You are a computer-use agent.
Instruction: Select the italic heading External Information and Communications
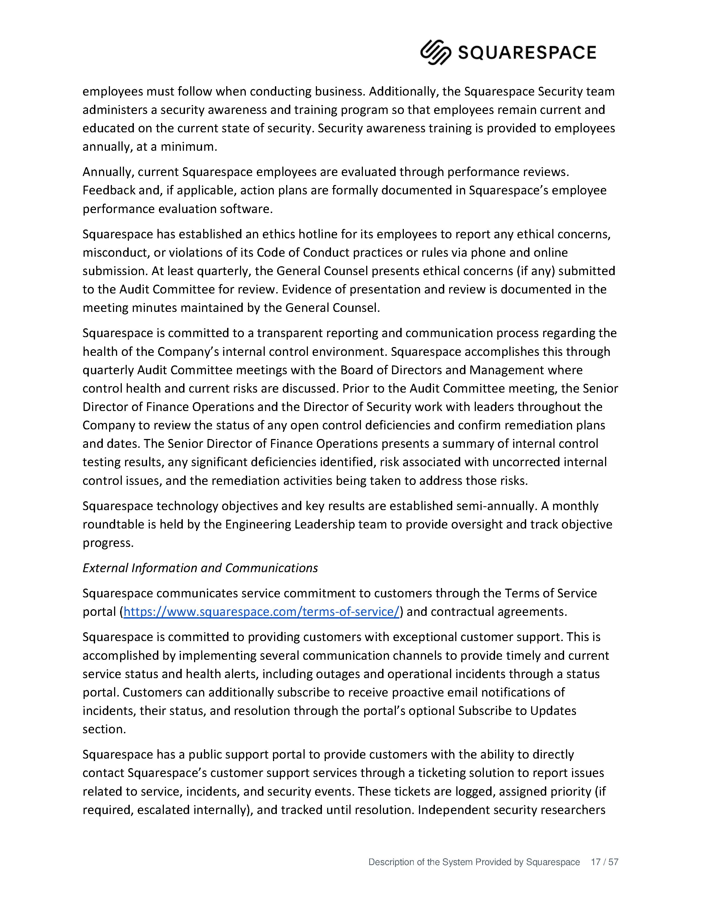200,568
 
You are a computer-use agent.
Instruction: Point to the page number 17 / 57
604,862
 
